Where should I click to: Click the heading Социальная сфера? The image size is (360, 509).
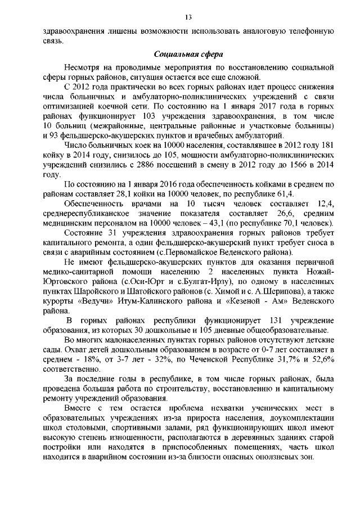tap(188, 55)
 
